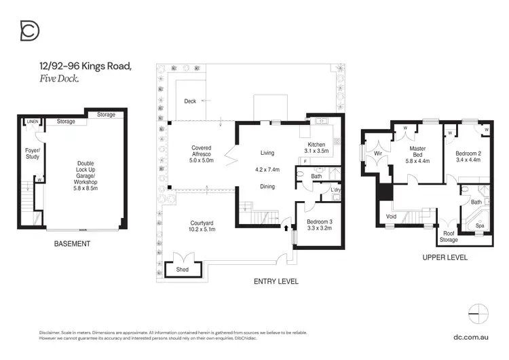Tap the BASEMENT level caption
click(x=71, y=243)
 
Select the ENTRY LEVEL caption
click(x=276, y=281)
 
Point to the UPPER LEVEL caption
click(x=445, y=257)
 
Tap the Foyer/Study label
click(x=32, y=154)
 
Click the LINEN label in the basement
click(x=32, y=122)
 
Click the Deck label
click(x=190, y=101)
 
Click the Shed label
click(x=182, y=269)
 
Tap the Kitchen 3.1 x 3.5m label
click(x=316, y=149)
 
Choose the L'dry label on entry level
click(x=335, y=190)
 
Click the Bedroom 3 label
click(x=318, y=225)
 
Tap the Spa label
click(x=480, y=226)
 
